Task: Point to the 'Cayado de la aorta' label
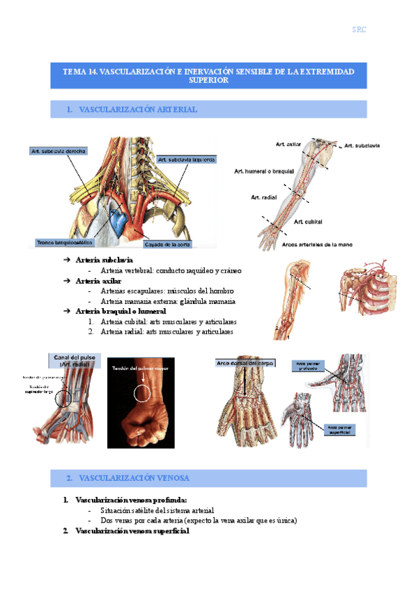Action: click(167, 245)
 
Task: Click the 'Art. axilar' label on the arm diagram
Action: click(288, 144)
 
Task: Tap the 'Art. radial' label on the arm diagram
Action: click(263, 198)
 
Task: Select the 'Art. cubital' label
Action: click(308, 222)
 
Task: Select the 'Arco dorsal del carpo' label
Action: click(246, 364)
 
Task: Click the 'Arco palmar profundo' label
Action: click(307, 366)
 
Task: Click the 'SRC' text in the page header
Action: click(359, 30)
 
